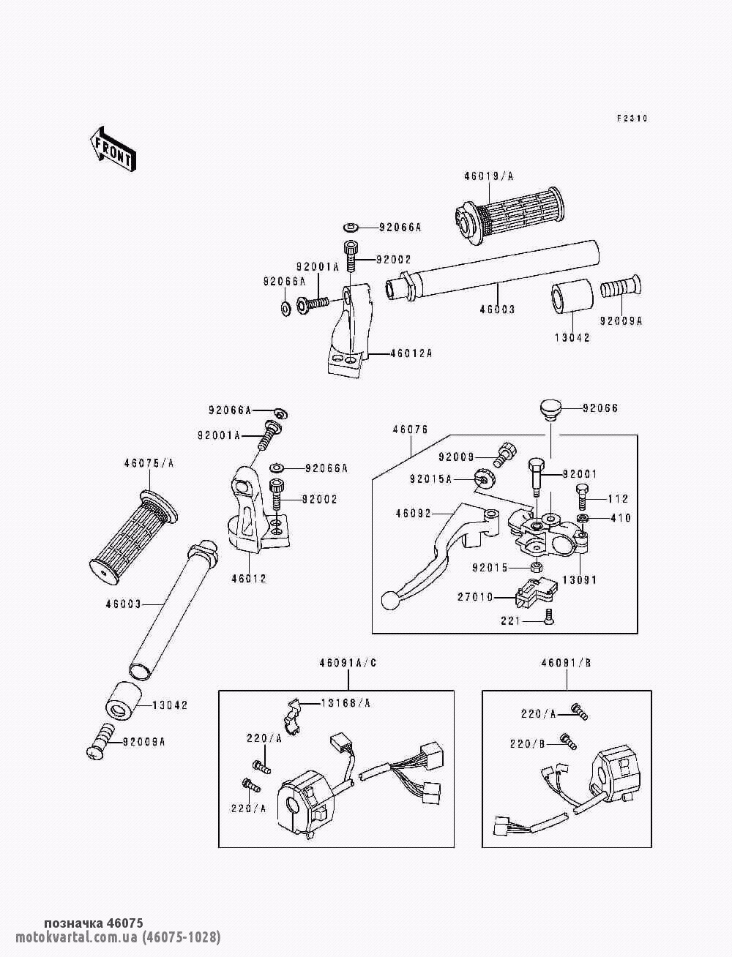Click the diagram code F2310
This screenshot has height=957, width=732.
pos(631,119)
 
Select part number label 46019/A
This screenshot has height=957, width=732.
pos(488,176)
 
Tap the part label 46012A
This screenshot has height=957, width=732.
pos(411,353)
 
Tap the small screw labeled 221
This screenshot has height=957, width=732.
pos(549,621)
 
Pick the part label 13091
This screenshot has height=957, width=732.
pos(579,580)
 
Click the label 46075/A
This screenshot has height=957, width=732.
pos(149,462)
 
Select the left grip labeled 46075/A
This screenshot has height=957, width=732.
pos(132,538)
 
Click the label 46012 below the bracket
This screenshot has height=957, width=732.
pos(249,579)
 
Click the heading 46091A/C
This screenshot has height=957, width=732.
pos(348,664)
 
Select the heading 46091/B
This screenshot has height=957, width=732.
pos(567,664)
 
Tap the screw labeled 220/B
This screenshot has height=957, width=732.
pos(566,740)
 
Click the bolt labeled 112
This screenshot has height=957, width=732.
pos(582,500)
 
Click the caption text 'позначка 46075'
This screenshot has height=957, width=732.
pos(94,923)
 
